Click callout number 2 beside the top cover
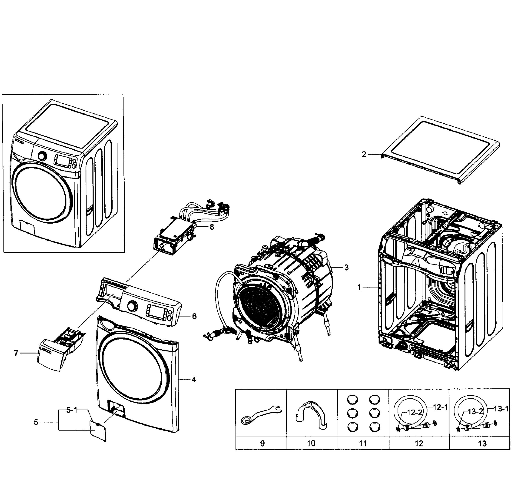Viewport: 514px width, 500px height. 364,155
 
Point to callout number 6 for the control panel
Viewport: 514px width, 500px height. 194,316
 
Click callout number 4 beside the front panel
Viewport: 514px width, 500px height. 194,379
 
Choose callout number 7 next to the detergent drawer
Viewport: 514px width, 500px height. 16,354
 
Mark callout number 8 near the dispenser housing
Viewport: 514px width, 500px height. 212,227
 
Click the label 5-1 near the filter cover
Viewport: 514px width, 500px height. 72,410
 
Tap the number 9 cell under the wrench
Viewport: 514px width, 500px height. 262,444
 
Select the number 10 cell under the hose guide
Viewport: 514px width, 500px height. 311,444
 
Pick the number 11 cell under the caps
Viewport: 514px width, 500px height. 363,444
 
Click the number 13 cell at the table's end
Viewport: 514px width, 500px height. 482,444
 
